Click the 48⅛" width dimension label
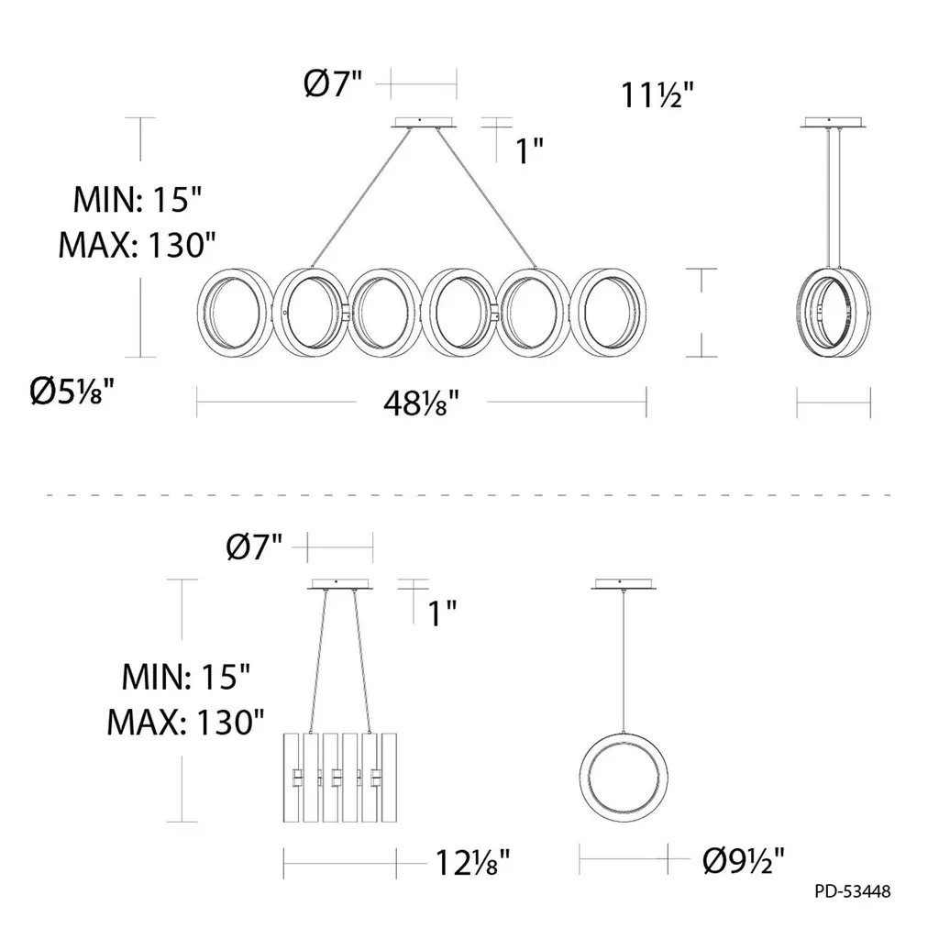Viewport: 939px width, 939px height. (422, 403)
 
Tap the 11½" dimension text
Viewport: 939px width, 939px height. (657, 94)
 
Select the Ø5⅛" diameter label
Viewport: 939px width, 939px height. (72, 392)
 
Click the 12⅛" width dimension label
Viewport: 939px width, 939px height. (472, 863)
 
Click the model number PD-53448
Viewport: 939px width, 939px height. (852, 891)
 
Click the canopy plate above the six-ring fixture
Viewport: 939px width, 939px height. (424, 122)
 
